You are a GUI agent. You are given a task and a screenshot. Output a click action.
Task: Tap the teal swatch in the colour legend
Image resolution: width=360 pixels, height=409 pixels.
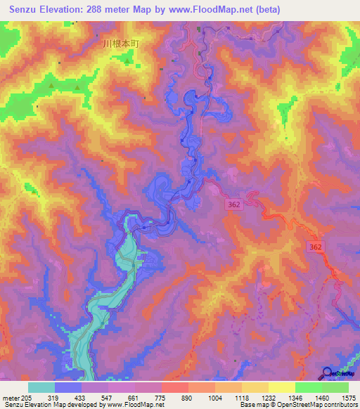41,387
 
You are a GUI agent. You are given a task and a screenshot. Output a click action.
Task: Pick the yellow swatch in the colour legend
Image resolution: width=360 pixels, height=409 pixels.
281,387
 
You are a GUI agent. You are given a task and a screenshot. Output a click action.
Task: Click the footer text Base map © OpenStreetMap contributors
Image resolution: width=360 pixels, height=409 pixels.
296,405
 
